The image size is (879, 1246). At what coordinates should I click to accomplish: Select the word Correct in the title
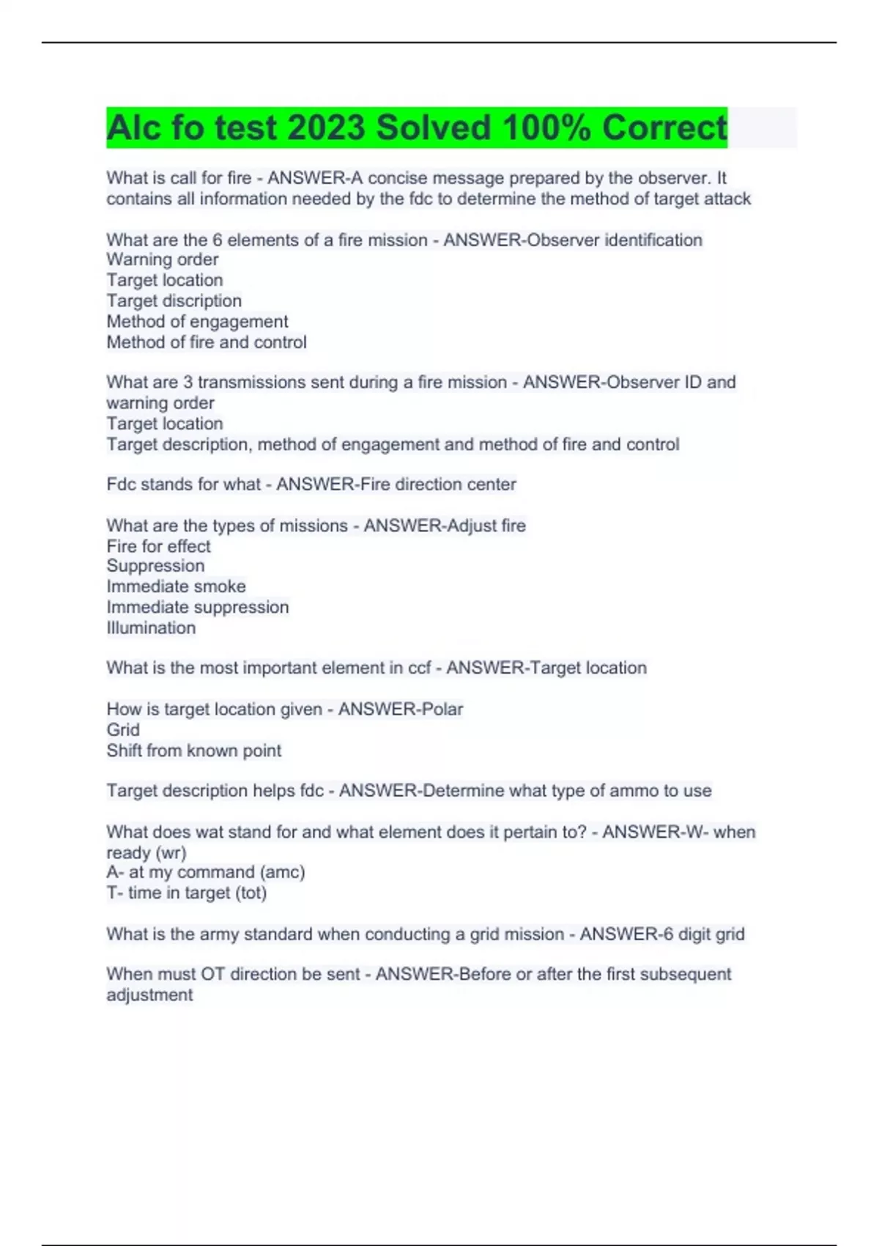(664, 128)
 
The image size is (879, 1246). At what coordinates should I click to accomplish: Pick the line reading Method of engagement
(197, 321)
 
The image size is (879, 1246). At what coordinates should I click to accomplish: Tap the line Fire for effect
(158, 546)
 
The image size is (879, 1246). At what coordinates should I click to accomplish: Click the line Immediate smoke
(176, 586)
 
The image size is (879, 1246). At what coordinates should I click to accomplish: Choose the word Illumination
(151, 627)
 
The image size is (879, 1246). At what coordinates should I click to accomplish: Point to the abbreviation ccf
(419, 668)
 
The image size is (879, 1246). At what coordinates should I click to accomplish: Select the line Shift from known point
(193, 751)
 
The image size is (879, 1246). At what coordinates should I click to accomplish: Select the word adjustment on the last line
(149, 995)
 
